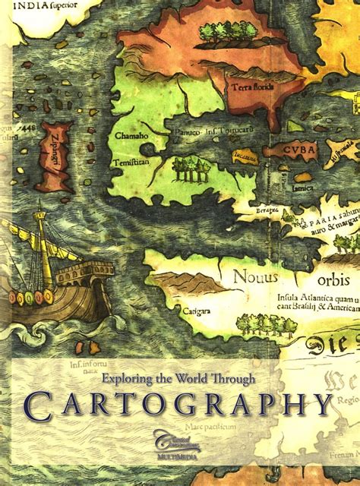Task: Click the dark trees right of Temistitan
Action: [185, 169]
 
